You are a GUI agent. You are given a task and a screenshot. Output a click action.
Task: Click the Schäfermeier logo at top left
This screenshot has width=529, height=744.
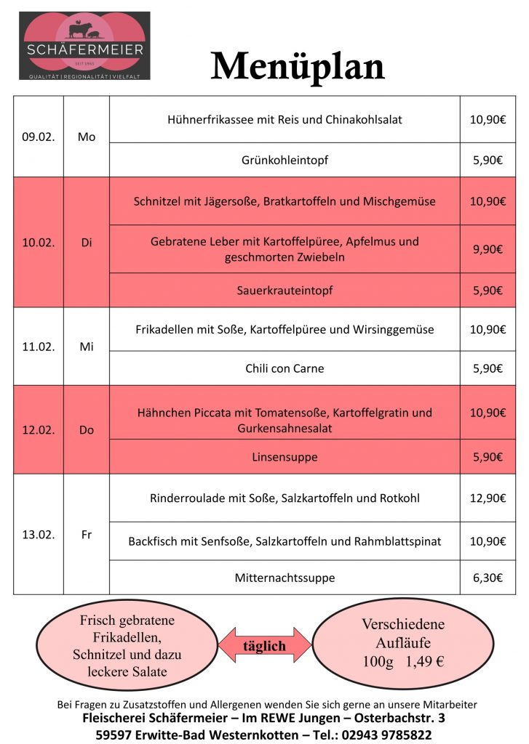[x=84, y=45]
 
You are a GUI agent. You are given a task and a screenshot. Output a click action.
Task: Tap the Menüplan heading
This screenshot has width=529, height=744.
[x=297, y=67]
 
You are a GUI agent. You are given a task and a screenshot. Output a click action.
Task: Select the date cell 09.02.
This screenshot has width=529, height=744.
[x=39, y=137]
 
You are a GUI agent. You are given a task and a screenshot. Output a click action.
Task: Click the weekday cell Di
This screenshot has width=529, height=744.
[x=87, y=243]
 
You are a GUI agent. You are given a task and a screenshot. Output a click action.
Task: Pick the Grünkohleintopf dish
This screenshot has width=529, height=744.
[x=284, y=161]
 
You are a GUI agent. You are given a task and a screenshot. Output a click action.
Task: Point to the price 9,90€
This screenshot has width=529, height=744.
[x=488, y=249]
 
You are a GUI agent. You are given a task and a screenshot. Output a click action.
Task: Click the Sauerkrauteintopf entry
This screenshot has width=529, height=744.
[x=284, y=291]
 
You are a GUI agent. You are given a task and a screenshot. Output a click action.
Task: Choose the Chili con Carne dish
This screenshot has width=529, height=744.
[x=284, y=368]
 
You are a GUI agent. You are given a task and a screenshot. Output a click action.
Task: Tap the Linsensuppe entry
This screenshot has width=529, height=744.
[x=284, y=457]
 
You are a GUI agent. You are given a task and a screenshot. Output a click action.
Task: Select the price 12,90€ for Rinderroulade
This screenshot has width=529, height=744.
[x=488, y=498]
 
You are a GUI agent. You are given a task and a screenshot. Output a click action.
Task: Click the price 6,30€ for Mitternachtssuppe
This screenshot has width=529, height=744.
[x=488, y=578]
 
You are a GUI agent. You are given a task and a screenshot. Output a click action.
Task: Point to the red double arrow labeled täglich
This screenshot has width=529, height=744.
[x=264, y=645]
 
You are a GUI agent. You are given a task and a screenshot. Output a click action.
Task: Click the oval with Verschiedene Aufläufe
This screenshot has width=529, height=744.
[x=402, y=643]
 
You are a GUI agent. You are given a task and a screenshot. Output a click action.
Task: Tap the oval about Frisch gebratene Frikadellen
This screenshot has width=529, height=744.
[x=127, y=645]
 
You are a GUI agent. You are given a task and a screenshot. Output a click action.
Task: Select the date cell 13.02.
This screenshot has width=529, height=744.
[x=39, y=535]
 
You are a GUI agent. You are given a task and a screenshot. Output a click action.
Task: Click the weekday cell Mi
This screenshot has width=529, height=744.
[x=87, y=347]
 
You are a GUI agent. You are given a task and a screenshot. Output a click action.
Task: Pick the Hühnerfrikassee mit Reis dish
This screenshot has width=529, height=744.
[x=284, y=119]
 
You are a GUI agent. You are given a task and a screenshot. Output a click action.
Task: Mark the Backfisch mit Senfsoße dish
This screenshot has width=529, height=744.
[x=284, y=541]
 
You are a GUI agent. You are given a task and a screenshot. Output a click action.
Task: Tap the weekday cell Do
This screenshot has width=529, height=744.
[x=87, y=430]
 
